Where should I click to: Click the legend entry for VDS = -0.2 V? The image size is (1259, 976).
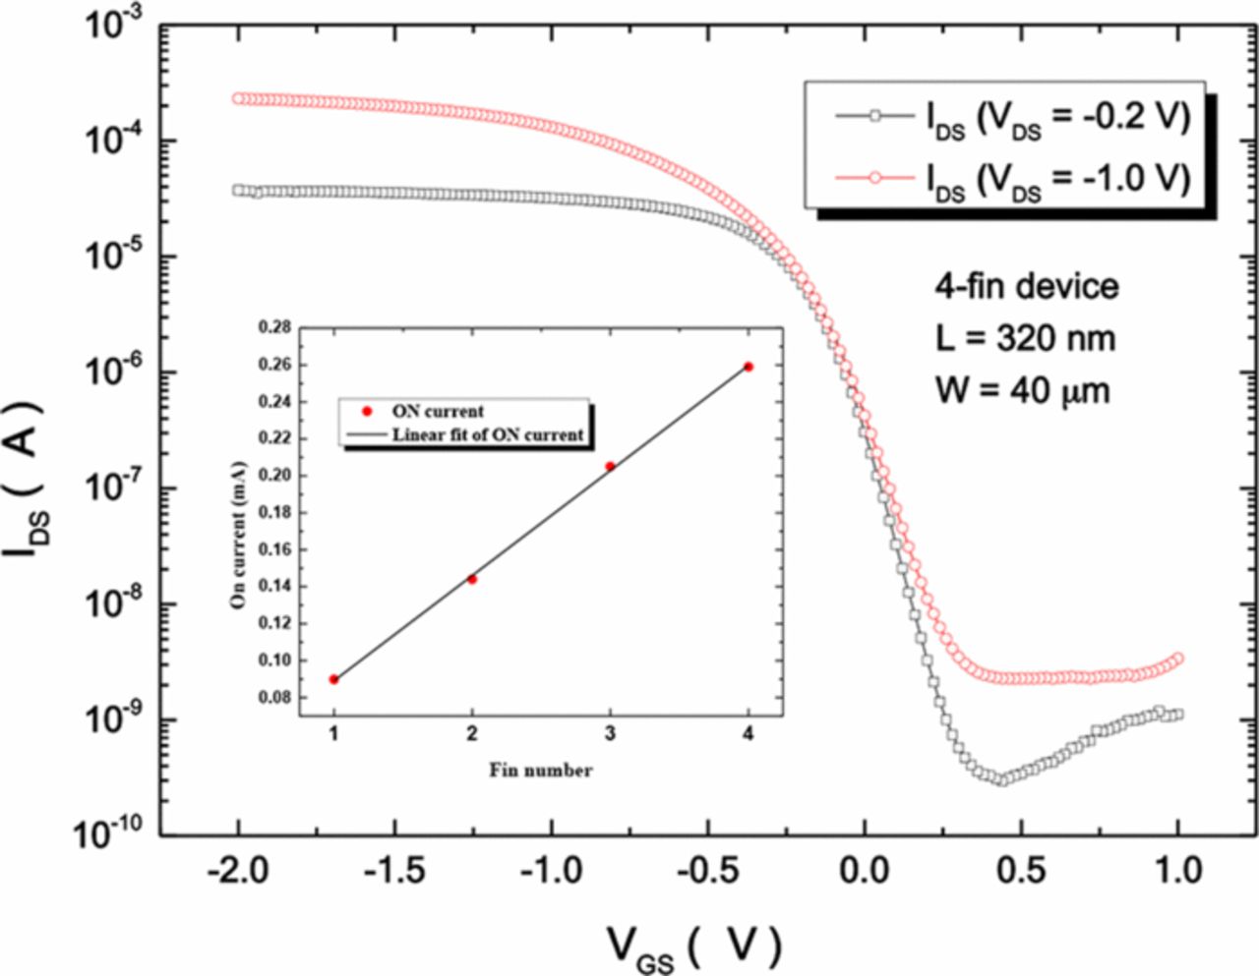point(1013,117)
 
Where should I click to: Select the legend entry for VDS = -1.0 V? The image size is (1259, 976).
point(1013,178)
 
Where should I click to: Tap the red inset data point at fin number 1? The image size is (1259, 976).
point(334,679)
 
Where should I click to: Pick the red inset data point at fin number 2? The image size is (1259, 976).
point(472,579)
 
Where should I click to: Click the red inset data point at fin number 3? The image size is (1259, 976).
point(610,466)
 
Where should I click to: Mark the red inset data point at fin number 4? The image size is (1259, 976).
point(749,367)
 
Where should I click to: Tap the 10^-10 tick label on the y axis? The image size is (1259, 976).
point(109,834)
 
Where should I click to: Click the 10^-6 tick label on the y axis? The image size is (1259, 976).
point(113,373)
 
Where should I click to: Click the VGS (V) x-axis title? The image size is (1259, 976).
point(693,946)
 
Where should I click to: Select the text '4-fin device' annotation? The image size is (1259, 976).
point(1026,286)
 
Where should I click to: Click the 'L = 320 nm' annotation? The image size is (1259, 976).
point(1025,338)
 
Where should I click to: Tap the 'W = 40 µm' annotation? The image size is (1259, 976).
point(1022,390)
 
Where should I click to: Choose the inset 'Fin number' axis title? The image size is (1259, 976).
point(541,771)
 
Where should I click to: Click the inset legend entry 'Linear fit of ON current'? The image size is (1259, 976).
point(488,434)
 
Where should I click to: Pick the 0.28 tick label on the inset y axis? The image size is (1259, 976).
point(274,328)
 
